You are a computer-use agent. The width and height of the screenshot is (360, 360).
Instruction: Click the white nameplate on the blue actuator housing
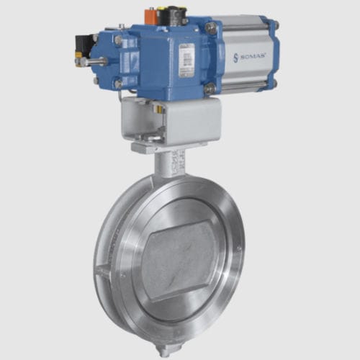186,59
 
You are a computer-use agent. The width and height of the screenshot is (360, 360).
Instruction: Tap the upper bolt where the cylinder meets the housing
210,28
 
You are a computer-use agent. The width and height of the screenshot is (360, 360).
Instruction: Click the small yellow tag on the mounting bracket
158,109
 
